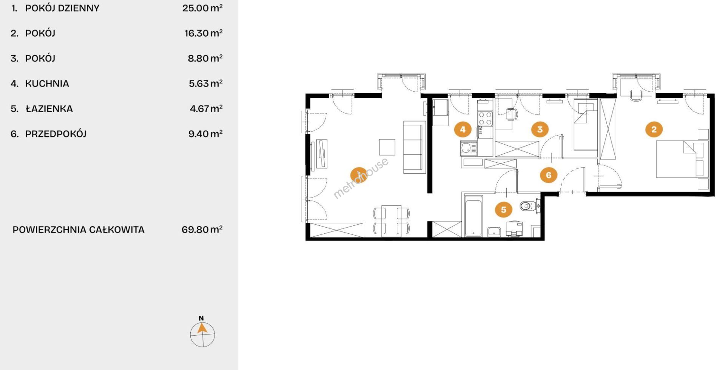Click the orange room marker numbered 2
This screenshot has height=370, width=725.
(654, 129)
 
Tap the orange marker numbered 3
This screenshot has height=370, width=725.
(540, 129)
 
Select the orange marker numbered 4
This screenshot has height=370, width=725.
(463, 129)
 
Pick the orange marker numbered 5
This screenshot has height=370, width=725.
(503, 209)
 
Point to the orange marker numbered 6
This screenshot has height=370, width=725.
(549, 175)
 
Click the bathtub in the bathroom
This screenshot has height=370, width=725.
(473, 216)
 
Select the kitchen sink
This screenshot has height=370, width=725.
(469, 148)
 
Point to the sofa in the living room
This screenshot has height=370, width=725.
(415, 147)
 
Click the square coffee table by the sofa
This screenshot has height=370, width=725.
(387, 147)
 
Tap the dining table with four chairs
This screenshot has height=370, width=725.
(391, 221)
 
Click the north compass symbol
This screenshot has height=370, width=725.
(202, 333)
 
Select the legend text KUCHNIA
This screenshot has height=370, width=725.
(47, 83)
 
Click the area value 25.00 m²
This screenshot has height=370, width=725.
(202, 8)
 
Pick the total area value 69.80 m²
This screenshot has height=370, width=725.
(202, 230)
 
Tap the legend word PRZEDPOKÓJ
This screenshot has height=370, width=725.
(56, 134)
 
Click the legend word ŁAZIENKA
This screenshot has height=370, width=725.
(49, 109)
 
